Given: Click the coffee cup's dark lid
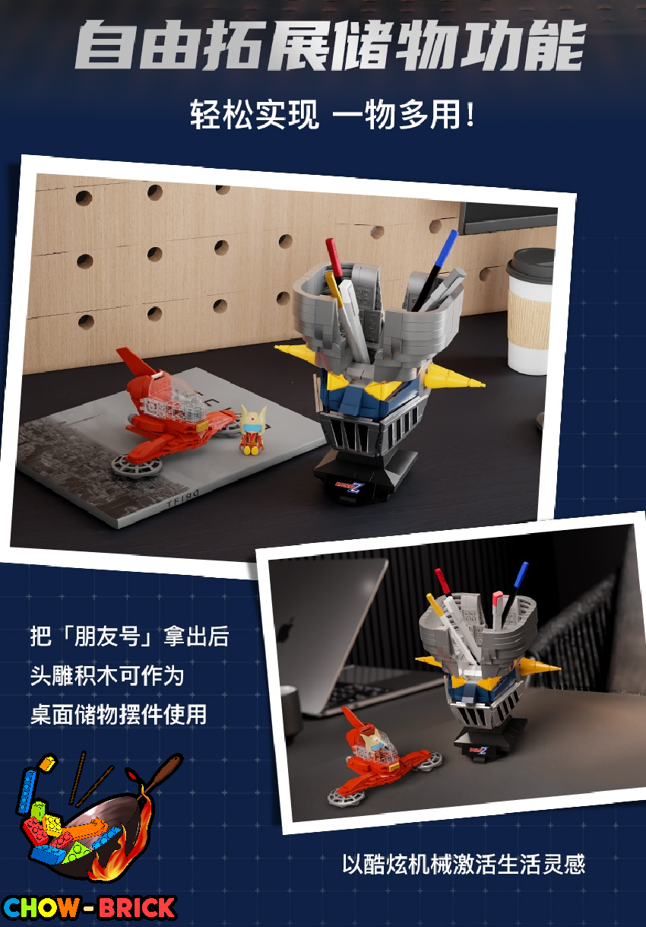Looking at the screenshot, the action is pos(531,265).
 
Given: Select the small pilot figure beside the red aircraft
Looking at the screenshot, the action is pos(252,430).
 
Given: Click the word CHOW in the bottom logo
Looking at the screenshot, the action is pos(40,907).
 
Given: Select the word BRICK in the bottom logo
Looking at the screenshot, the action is pos(137,907).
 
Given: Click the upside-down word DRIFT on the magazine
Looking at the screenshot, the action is pos(182,497).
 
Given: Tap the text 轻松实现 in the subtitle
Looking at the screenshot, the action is pos(255,114).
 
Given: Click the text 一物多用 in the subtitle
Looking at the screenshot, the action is pos(397,114).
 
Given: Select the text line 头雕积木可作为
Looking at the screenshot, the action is pos(106,676).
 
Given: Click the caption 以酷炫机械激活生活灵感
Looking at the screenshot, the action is pos(464,864).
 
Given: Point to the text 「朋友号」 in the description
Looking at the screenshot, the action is pos(106,636).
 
